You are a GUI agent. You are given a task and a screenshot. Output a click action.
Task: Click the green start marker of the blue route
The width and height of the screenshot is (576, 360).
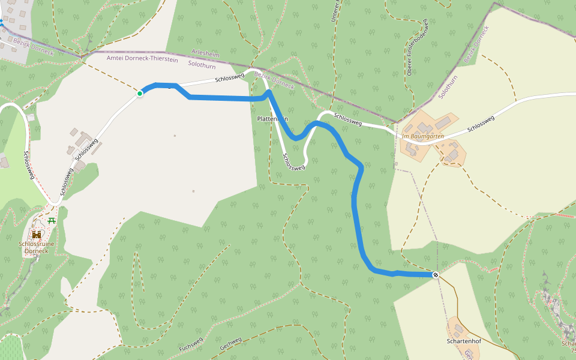pos(140,93)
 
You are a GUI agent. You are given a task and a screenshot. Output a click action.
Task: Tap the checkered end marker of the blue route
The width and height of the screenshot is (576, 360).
pos(436,275)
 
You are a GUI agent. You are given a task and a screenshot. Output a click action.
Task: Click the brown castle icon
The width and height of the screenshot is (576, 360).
pos(37,235)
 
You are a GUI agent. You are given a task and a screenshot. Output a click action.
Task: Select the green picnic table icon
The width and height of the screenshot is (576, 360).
pos(52,221)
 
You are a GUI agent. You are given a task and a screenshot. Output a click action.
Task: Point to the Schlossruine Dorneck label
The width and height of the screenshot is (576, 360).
pos(37,247)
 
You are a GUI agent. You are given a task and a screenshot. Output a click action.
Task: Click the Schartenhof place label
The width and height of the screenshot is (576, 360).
pos(464,341)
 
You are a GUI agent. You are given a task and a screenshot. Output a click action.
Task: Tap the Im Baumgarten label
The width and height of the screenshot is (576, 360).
pos(423,136)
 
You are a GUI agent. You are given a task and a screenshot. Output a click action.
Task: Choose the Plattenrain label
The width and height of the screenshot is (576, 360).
pos(272,119)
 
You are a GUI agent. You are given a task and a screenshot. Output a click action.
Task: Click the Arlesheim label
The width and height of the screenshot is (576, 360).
pos(205,55)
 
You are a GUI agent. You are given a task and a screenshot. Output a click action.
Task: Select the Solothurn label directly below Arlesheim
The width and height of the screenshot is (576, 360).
pos(202,63)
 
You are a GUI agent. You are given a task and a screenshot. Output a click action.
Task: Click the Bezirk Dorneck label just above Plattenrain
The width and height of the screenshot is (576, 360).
pos(274,80)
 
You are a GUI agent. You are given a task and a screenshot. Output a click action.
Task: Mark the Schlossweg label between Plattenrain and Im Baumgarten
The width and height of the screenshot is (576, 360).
pos(348,119)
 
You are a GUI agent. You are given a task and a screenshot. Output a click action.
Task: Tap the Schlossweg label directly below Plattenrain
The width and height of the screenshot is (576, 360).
pos(293,161)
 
